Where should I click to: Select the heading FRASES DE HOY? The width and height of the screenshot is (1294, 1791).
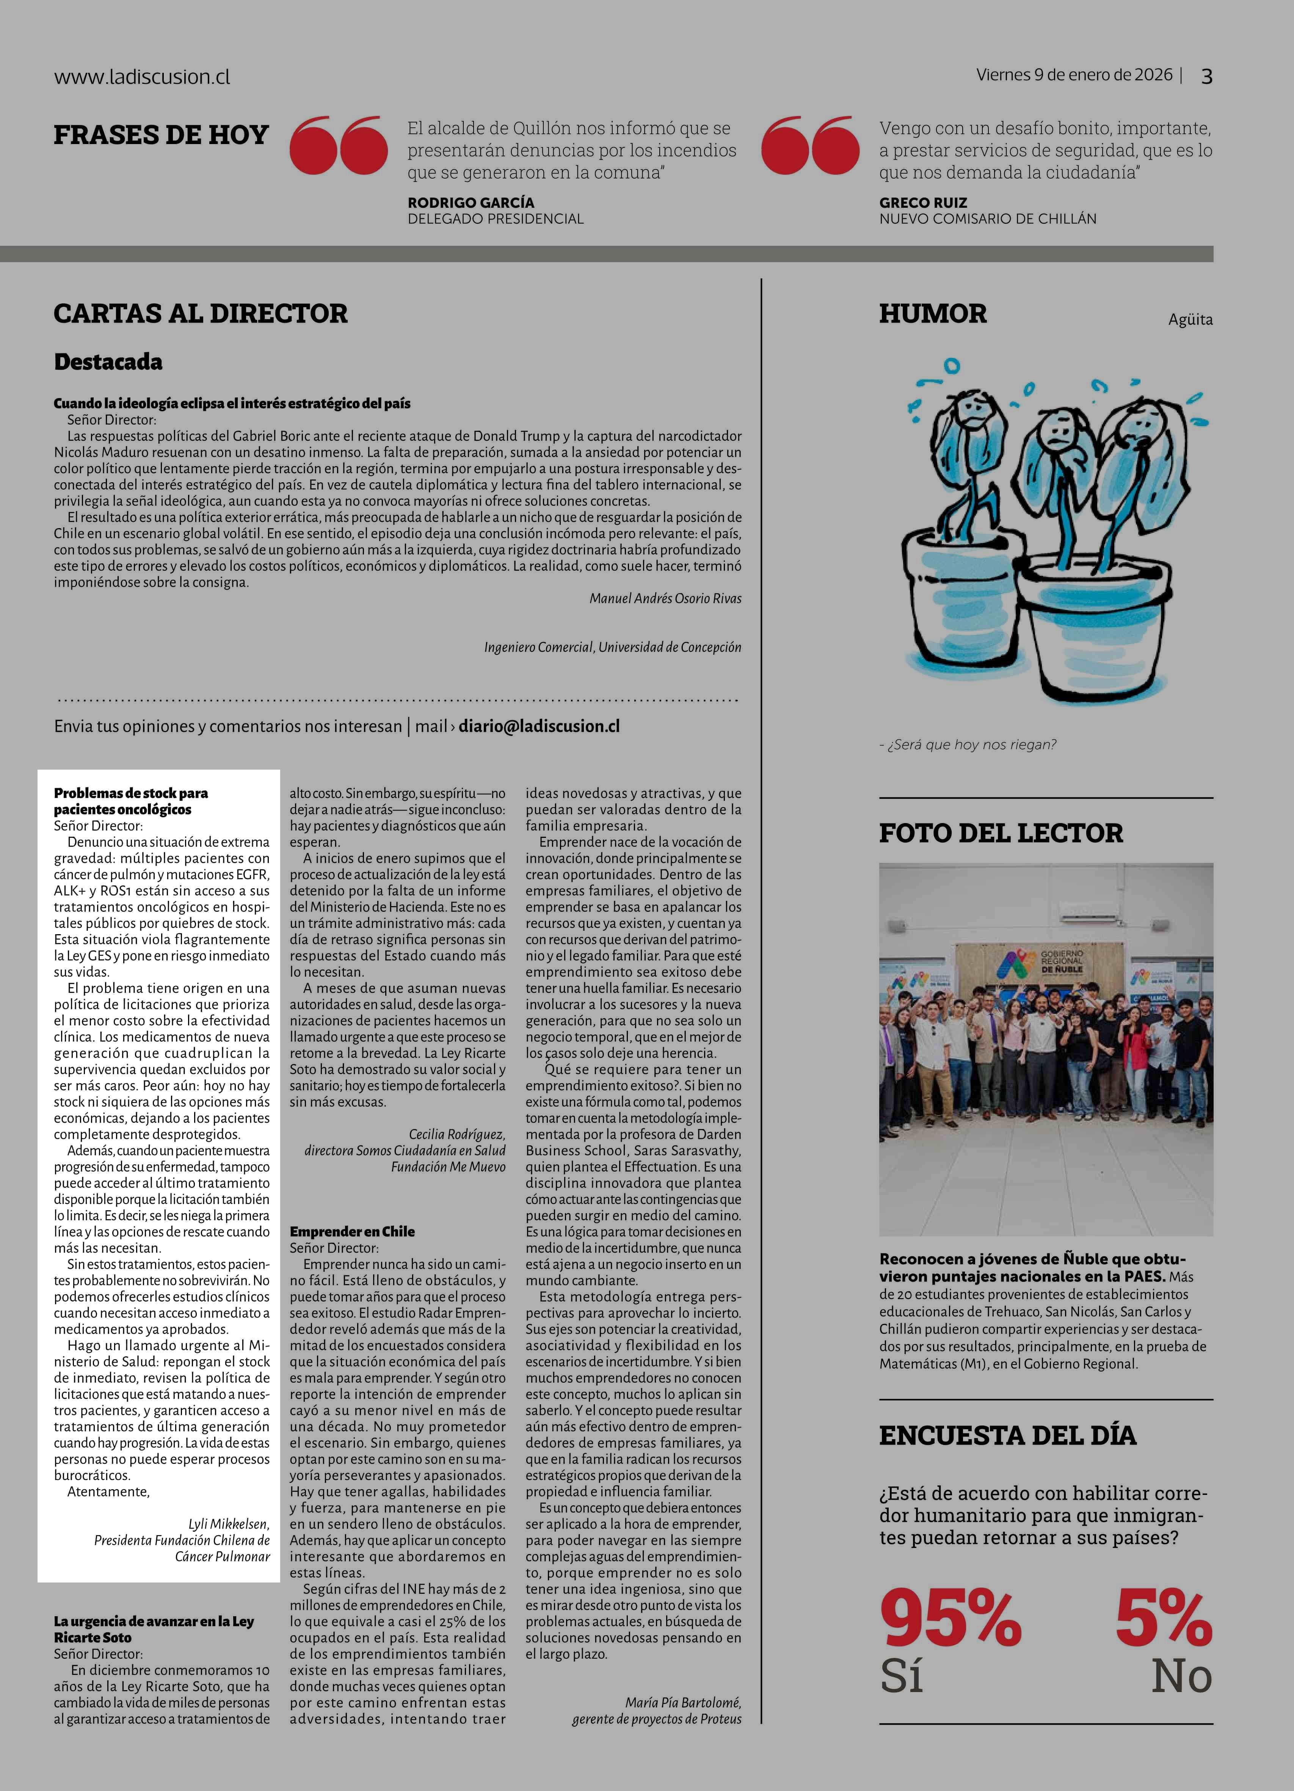tap(161, 135)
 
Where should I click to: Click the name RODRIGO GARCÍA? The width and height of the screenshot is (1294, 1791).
tap(471, 202)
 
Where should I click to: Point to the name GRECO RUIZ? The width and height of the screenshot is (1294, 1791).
tap(923, 202)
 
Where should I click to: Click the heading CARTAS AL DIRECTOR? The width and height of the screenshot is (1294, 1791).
tap(201, 314)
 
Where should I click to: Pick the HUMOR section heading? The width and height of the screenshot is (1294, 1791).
tap(932, 314)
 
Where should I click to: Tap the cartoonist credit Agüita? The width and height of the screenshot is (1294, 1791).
tap(1190, 320)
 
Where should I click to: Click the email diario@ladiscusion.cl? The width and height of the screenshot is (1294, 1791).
tap(539, 726)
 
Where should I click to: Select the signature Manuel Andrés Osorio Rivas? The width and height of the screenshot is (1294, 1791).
tap(665, 599)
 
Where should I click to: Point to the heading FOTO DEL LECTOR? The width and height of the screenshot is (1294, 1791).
tap(1000, 833)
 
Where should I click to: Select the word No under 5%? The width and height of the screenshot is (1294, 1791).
tap(1181, 1676)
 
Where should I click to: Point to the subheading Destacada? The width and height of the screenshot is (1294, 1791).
tap(108, 362)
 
